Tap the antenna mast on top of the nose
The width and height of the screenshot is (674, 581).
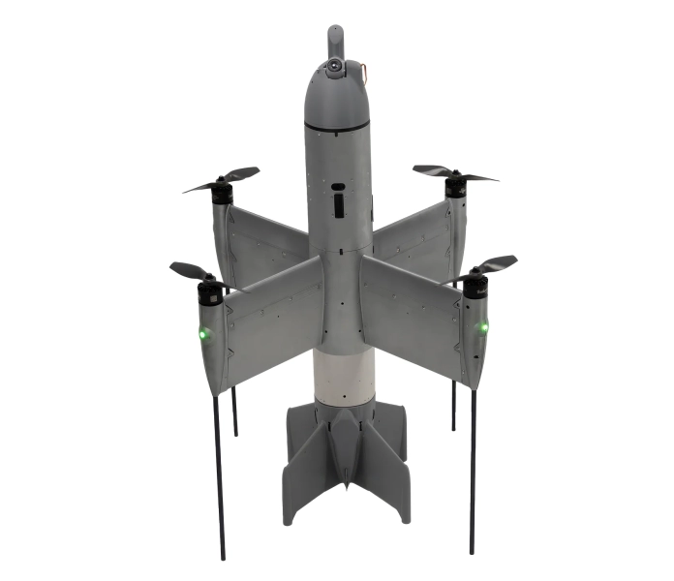335,40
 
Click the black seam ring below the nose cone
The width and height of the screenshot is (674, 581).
336,128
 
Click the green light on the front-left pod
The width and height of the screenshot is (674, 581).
203,335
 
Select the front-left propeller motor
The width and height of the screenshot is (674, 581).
207,290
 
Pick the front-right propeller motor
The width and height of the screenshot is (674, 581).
475,285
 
